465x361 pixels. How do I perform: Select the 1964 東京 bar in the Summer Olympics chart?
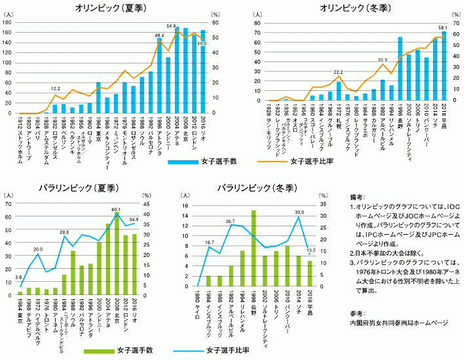(x=98, y=98)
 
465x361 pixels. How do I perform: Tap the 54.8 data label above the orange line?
(x=172, y=26)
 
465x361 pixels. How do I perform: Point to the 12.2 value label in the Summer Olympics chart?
(x=56, y=88)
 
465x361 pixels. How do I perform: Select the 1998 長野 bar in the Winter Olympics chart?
(x=400, y=69)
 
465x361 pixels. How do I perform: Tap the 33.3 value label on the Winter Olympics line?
(x=382, y=60)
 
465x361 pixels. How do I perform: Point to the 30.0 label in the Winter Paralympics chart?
(x=299, y=212)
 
